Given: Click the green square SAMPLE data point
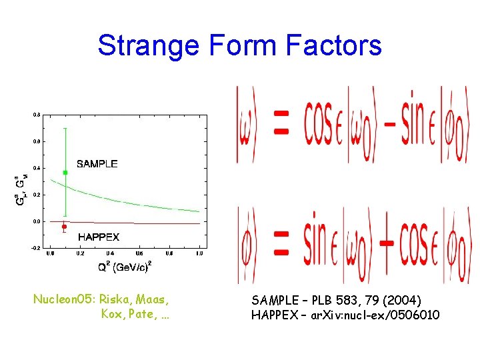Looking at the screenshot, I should [x=65, y=173].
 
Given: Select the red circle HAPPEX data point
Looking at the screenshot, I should [x=64, y=227].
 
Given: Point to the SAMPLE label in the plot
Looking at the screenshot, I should [x=97, y=163].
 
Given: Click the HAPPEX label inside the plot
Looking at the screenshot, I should [x=99, y=237].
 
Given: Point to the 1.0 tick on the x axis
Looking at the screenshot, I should [x=199, y=253].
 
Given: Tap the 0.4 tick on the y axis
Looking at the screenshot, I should [x=36, y=168].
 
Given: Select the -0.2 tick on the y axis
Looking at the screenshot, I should [x=35, y=247].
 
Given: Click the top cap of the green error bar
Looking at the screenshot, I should [x=65, y=128].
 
